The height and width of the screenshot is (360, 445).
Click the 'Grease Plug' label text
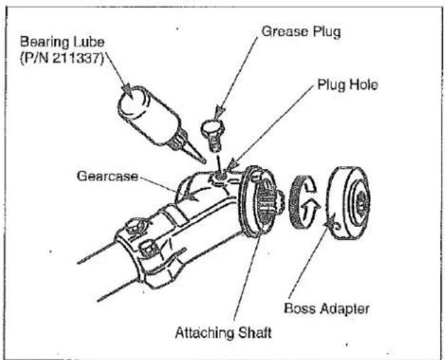pyautogui.click(x=301, y=32)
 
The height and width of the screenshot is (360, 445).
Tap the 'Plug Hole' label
pyautogui.click(x=347, y=85)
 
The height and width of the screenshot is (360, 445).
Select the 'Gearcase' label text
pyautogui.click(x=108, y=176)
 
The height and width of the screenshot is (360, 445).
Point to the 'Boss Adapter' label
pyautogui.click(x=327, y=308)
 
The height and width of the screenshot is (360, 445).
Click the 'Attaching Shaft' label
pyautogui.click(x=224, y=332)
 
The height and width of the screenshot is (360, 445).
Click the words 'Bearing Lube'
pyautogui.click(x=62, y=42)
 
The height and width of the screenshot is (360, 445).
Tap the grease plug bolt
pyautogui.click(x=213, y=135)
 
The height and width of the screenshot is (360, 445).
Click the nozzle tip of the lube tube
pyautogui.click(x=204, y=162)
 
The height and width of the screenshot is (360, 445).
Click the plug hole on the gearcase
pyautogui.click(x=220, y=177)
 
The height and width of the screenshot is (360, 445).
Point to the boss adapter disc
pyautogui.click(x=349, y=202)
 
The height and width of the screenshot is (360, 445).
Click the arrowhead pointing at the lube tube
pyautogui.click(x=127, y=90)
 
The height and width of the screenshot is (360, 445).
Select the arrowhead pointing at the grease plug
pyautogui.click(x=219, y=112)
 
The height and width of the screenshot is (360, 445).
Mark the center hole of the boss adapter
pyautogui.click(x=360, y=202)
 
